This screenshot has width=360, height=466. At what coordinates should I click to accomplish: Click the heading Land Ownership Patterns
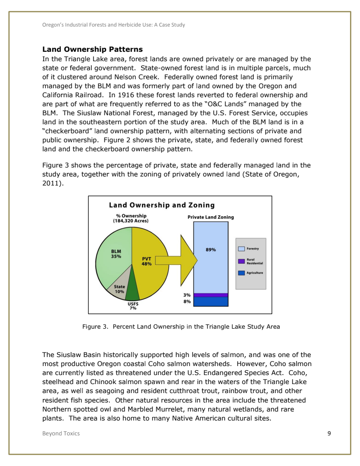click(x=92, y=49)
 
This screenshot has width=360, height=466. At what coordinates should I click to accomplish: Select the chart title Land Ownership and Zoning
click(x=162, y=205)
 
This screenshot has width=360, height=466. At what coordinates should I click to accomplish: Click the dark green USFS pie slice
click(x=132, y=292)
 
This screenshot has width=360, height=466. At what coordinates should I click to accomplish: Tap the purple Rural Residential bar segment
click(x=211, y=295)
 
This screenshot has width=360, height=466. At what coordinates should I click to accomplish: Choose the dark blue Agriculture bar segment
click(x=211, y=301)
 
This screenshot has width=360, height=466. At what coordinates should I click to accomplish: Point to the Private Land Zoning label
click(x=211, y=217)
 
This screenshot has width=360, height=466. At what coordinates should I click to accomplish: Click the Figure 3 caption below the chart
click(x=181, y=326)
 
